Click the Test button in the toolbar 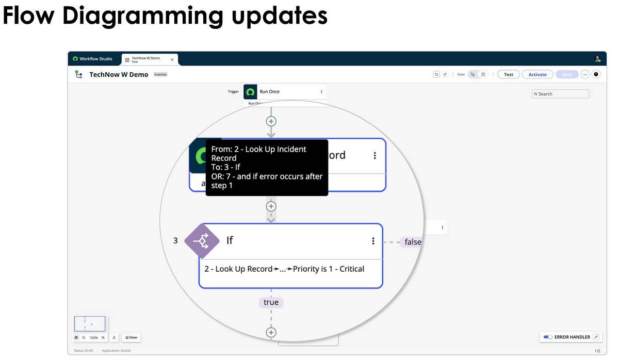[508, 74]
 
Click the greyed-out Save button [566, 74]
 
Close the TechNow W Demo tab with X [172, 59]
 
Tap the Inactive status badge [160, 74]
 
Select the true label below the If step [271, 302]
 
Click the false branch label [413, 242]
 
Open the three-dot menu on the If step [373, 241]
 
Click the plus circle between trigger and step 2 [271, 121]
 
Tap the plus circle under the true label [271, 333]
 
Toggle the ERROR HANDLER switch [548, 337]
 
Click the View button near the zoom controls [131, 337]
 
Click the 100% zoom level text [93, 337]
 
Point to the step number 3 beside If [175, 240]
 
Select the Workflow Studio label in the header [95, 59]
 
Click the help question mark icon [596, 74]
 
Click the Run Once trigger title [269, 91]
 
